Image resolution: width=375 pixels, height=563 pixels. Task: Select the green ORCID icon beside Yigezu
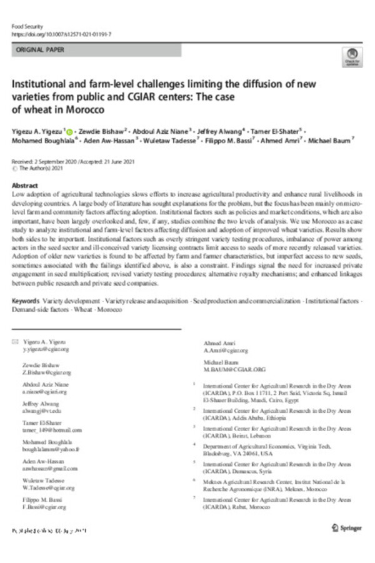[69, 132]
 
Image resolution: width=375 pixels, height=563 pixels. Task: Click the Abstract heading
[26, 186]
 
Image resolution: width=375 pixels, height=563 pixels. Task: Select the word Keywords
[29, 301]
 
